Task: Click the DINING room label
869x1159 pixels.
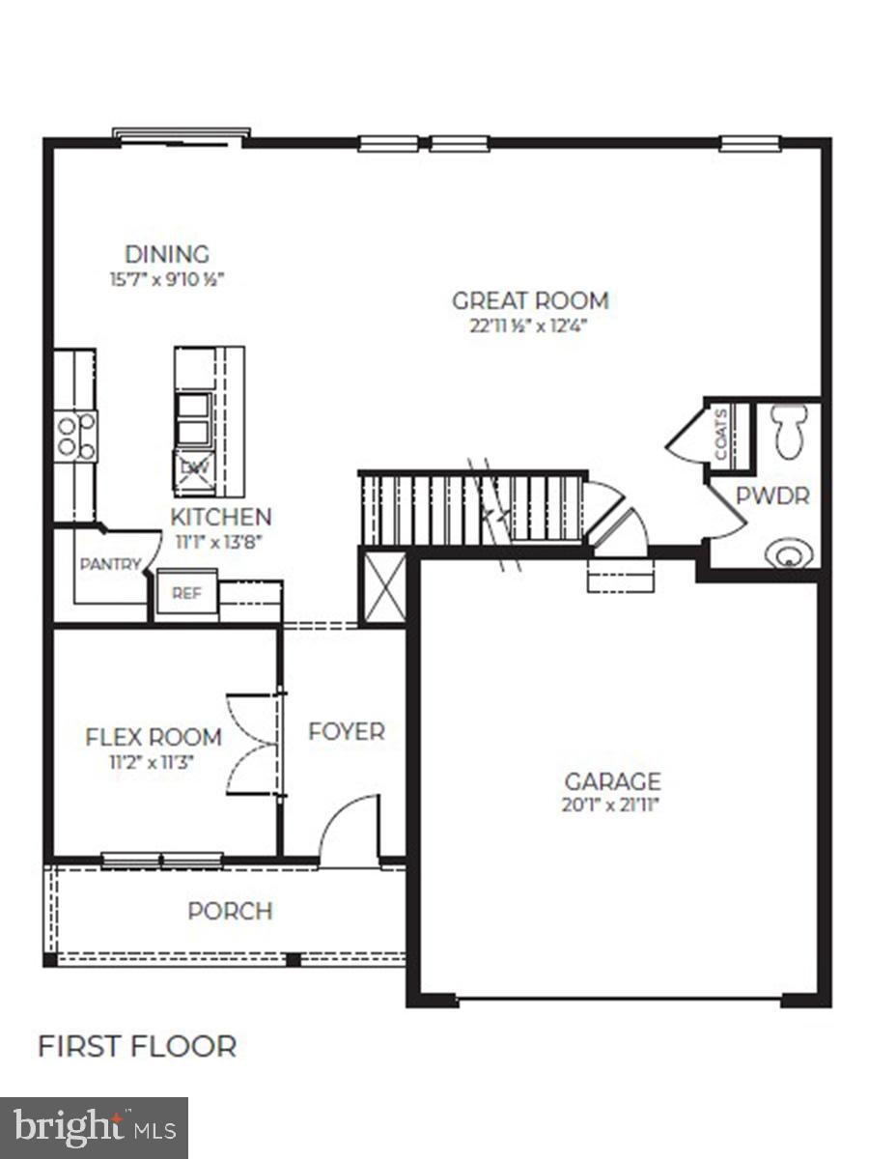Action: point(166,255)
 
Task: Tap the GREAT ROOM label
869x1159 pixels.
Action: point(530,300)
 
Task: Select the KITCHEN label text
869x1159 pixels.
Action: point(221,517)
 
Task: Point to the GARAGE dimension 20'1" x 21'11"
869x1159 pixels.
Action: point(612,805)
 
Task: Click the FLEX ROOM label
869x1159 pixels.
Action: point(154,737)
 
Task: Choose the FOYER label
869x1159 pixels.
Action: point(346,732)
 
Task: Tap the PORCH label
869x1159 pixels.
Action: point(230,911)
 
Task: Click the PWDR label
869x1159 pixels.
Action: point(771,496)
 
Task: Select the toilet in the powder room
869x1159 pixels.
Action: point(791,430)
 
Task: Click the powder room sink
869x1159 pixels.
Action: point(788,553)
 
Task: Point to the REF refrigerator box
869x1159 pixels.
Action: point(186,594)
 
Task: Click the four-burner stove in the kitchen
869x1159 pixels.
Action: point(74,436)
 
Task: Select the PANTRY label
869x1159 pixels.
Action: point(110,565)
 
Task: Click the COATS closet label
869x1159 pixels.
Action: point(721,434)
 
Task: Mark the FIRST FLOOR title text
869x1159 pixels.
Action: point(137,1046)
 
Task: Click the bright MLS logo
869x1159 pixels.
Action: point(94,1127)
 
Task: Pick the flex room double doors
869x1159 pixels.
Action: point(253,744)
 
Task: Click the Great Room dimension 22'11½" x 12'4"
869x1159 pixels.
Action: point(529,325)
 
